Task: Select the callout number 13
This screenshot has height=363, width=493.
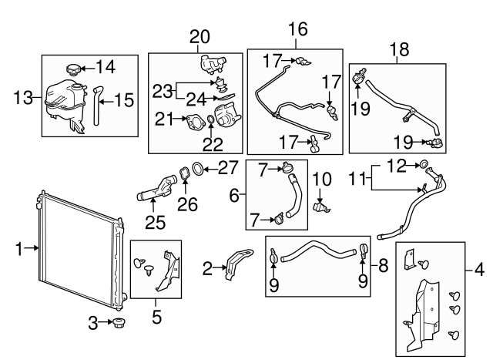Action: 24,97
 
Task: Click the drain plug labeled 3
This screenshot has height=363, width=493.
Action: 119,324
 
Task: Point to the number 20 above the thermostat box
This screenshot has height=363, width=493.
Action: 200,36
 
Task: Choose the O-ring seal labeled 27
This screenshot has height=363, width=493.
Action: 199,168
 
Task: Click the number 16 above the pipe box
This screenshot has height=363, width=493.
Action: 297,29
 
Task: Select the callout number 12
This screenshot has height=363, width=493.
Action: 394,163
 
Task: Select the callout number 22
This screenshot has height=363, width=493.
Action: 210,142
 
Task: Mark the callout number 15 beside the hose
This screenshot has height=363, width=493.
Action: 125,99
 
